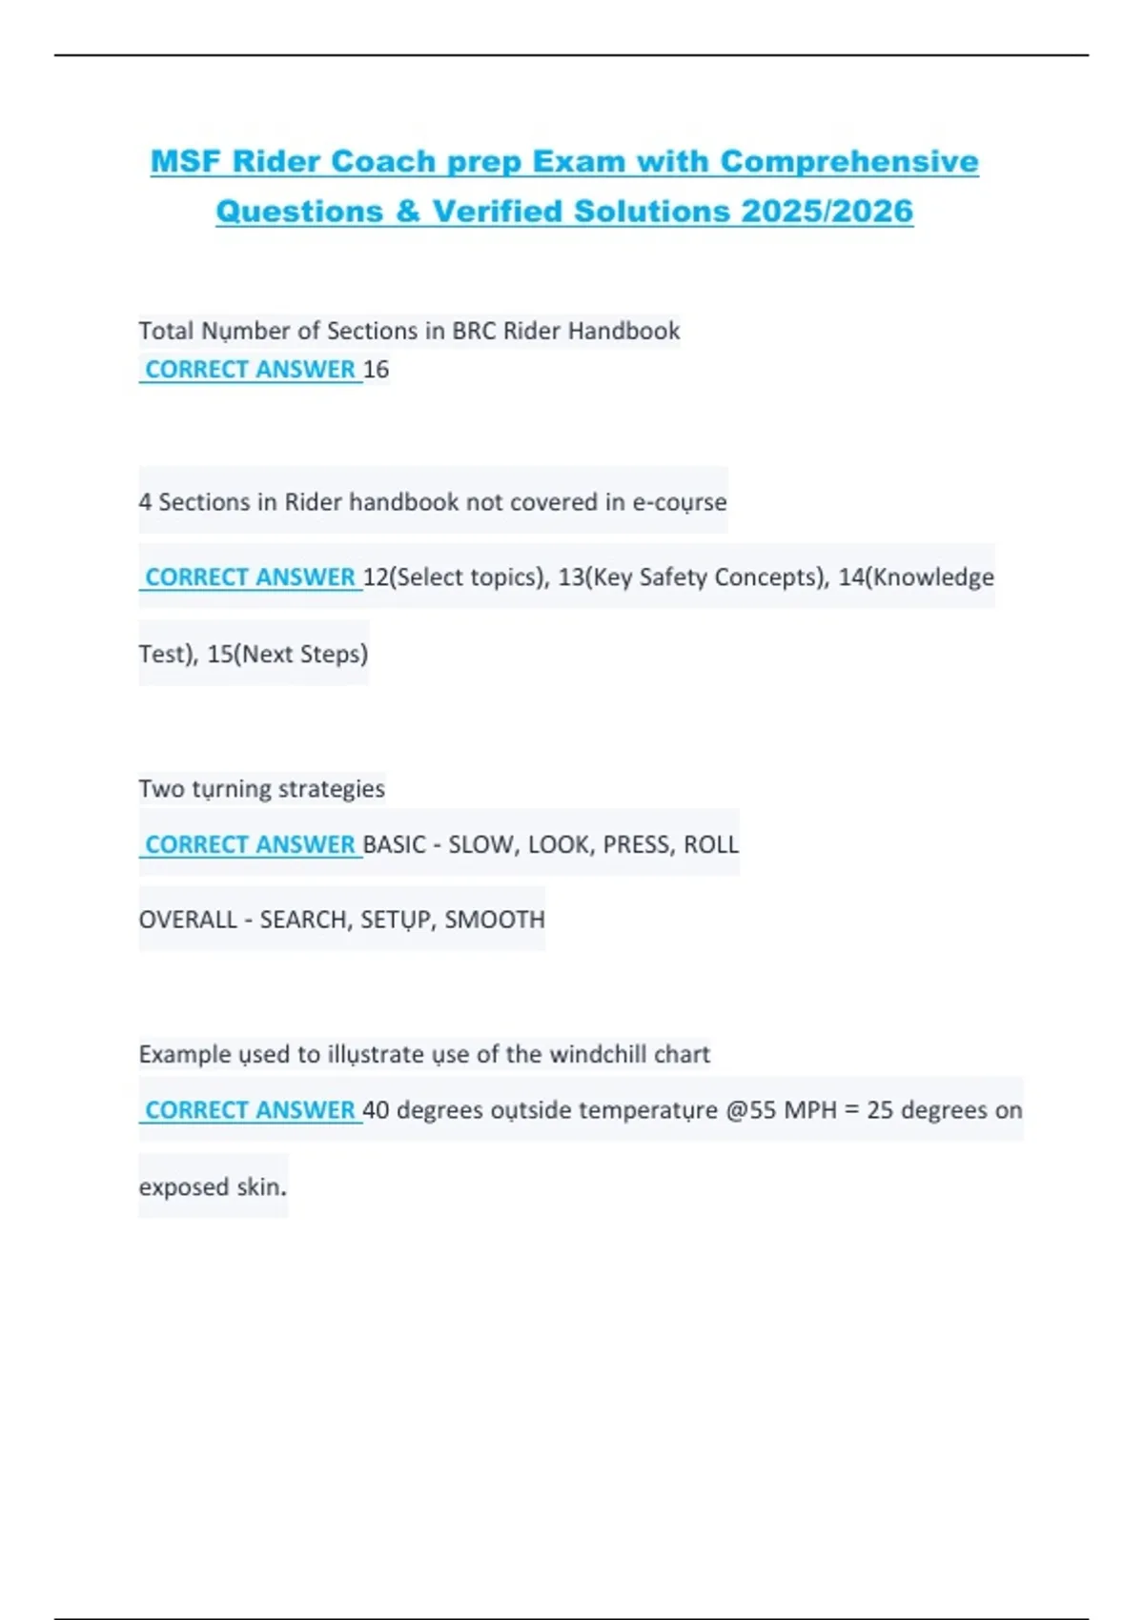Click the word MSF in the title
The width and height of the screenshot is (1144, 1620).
click(x=186, y=161)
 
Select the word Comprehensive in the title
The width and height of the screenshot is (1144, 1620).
click(x=849, y=161)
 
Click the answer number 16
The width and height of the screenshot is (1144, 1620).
click(x=376, y=369)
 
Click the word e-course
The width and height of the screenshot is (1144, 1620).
click(x=679, y=502)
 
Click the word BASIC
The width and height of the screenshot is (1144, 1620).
click(x=394, y=844)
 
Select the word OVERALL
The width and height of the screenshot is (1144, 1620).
click(x=187, y=920)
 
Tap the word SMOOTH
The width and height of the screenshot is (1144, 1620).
click(x=495, y=920)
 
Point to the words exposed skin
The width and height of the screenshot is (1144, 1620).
click(x=212, y=1187)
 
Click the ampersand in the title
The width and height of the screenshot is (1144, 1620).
click(x=407, y=211)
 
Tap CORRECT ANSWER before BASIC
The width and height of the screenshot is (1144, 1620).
click(x=250, y=844)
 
